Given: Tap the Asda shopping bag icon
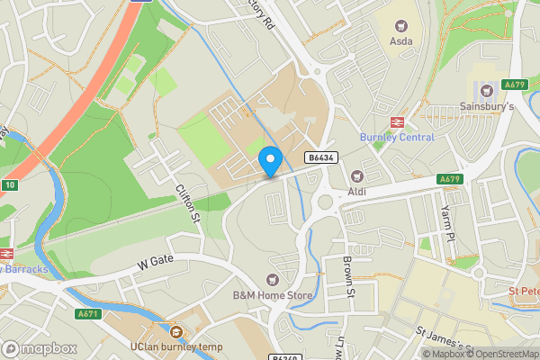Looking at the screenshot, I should click(x=400, y=26).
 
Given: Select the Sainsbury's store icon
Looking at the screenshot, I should click(x=487, y=90).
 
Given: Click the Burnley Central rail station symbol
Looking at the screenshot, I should click(x=396, y=121).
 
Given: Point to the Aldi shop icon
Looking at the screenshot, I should click(x=357, y=175).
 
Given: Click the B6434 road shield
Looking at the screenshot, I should click(x=320, y=157).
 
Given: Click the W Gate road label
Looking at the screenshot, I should click(x=155, y=263).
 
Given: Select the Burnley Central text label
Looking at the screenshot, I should click(x=397, y=138).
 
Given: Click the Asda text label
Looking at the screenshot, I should click(x=401, y=41).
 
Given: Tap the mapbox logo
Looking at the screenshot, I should click(x=40, y=348).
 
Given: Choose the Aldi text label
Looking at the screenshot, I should click(x=358, y=192).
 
